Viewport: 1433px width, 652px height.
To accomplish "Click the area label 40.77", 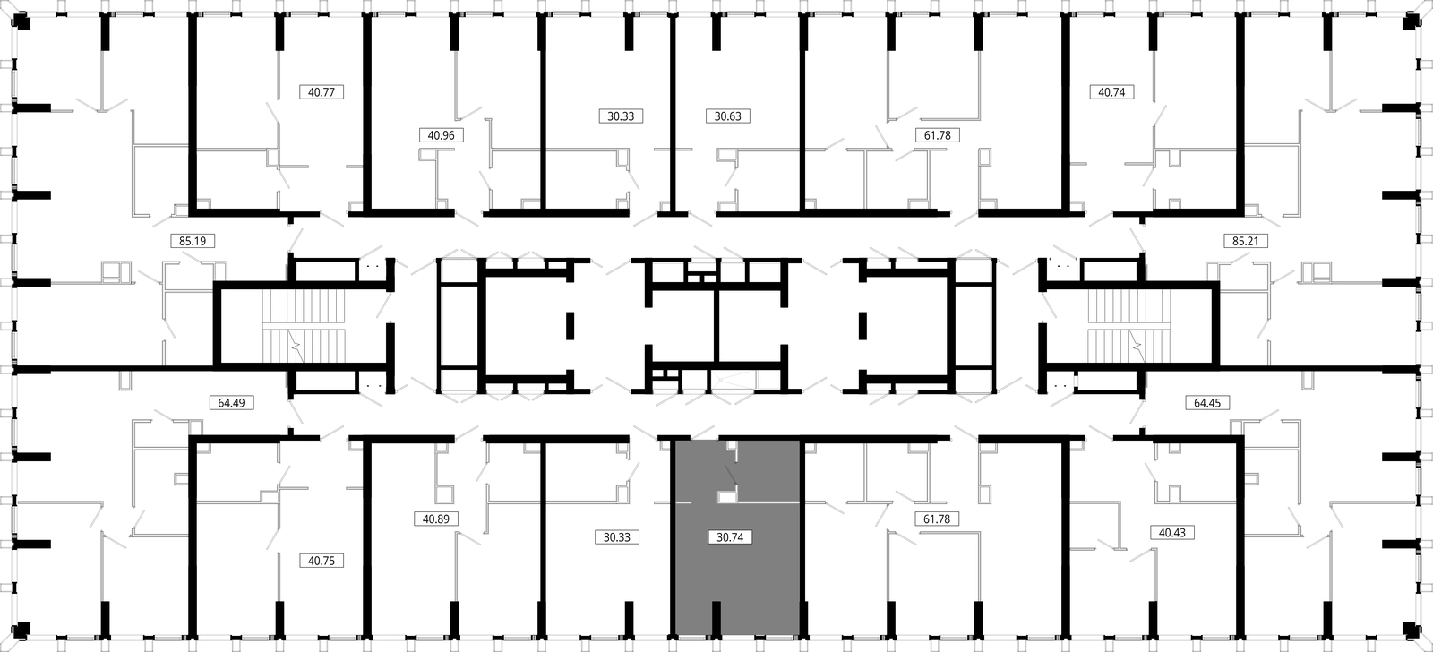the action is (322, 92).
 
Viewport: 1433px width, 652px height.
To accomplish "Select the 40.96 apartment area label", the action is (441, 135).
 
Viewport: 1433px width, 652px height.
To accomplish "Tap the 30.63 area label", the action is (728, 116).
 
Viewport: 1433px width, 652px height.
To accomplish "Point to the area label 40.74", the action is (1111, 92).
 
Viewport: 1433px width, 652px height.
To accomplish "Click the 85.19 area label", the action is (193, 241).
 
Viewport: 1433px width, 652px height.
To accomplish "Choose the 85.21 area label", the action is (1246, 241).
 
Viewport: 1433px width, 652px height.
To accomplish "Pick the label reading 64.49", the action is (232, 402).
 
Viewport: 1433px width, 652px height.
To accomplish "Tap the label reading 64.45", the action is (1207, 402).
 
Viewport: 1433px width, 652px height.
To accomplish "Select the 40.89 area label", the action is (436, 519).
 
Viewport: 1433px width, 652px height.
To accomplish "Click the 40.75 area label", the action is (322, 561).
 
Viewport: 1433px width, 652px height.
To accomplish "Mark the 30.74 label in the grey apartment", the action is (730, 536).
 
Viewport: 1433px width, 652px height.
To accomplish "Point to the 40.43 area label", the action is (1172, 532).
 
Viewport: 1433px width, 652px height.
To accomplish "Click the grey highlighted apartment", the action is (737, 576).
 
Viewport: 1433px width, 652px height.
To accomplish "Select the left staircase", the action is (304, 327).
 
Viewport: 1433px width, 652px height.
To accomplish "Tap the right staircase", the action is (1129, 327).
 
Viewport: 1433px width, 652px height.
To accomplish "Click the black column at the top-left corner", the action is (22, 23).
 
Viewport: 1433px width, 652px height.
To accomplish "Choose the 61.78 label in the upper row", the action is (938, 135).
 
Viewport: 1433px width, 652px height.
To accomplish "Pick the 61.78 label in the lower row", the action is (937, 519).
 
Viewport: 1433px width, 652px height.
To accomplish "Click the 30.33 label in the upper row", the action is (622, 116).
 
